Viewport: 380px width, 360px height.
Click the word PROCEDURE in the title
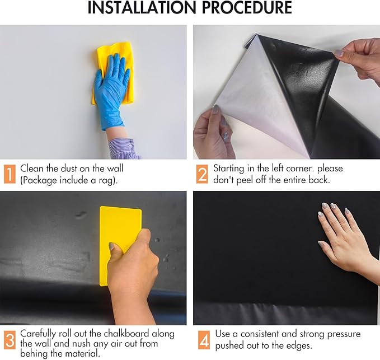pyautogui.click(x=251, y=8)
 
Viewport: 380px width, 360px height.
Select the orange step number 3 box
pyautogui.click(x=10, y=340)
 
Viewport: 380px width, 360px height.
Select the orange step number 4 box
pyautogui.click(x=202, y=340)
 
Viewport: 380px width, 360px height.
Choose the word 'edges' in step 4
pyautogui.click(x=297, y=345)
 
